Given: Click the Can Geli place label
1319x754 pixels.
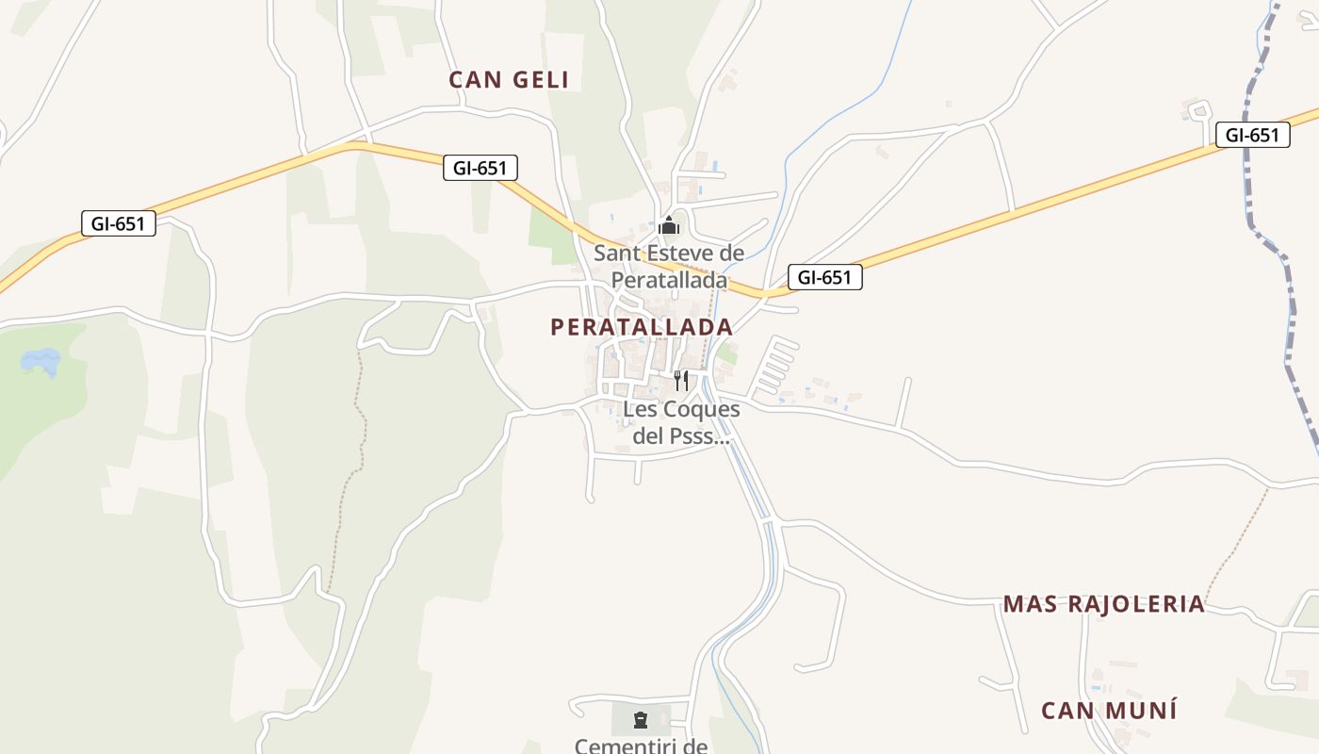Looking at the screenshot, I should click(x=509, y=80).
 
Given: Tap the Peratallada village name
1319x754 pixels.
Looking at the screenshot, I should click(x=641, y=327).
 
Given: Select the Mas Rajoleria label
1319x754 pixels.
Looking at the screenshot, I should click(x=1103, y=604).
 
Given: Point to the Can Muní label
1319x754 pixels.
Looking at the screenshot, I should click(x=1109, y=711).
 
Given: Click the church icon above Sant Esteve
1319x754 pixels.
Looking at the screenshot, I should click(x=669, y=226).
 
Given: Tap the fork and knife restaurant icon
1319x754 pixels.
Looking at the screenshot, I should click(x=680, y=381).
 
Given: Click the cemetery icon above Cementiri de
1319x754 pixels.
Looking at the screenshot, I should click(x=641, y=721).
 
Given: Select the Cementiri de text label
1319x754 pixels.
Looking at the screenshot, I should click(x=641, y=746).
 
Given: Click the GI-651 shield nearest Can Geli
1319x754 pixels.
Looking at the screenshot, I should click(x=480, y=169).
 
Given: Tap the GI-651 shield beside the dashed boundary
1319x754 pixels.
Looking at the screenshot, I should click(x=1251, y=135).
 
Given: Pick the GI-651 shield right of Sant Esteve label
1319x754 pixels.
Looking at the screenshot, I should click(x=824, y=277).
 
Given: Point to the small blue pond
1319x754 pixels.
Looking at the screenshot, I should click(x=41, y=360).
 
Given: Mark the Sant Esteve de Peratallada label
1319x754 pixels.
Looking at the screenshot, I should click(x=669, y=267).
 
